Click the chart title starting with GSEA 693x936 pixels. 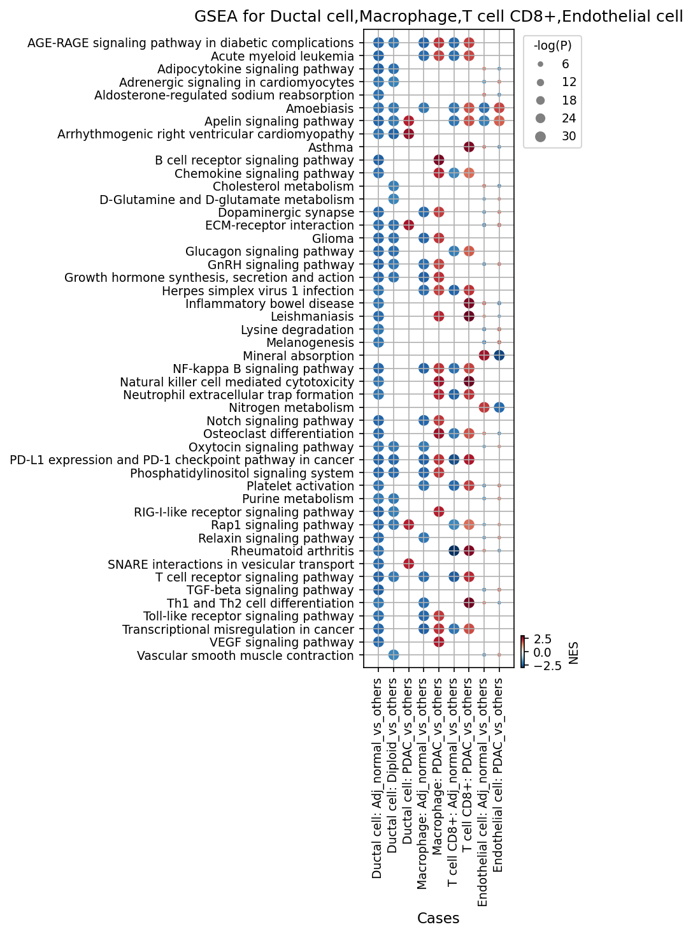tap(438, 17)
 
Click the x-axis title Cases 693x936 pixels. tap(438, 918)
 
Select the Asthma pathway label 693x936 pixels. tap(331, 147)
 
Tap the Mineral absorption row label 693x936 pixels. tap(298, 356)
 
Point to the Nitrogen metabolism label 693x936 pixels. tap(291, 407)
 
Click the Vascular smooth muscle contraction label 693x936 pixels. tap(245, 655)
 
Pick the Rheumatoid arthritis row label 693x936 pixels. tap(292, 551)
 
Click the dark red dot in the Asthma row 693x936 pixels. tap(469, 147)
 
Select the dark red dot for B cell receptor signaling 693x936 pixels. tap(439, 161)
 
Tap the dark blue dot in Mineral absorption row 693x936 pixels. tap(499, 356)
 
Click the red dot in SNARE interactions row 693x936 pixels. tap(408, 564)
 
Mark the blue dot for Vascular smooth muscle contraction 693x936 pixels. tap(393, 655)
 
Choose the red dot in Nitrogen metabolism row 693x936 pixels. tap(484, 407)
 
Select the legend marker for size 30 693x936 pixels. tap(540, 136)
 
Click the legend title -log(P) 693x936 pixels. tap(552, 45)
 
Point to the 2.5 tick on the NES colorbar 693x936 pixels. tap(542, 640)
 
